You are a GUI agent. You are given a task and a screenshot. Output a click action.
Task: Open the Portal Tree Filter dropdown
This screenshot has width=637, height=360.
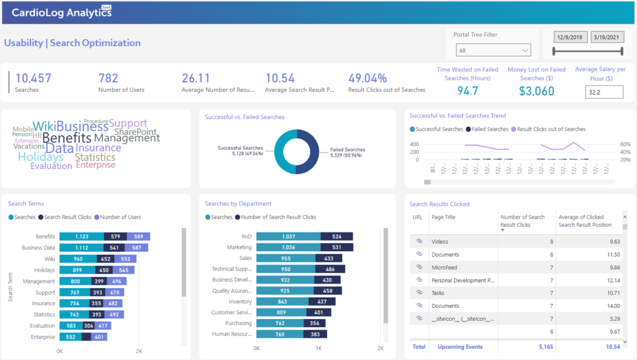(x=493, y=50)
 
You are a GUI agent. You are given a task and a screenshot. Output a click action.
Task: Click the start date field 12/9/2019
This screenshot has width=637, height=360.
(x=569, y=37)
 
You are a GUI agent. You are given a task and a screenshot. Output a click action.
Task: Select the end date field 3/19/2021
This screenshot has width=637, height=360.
(x=606, y=37)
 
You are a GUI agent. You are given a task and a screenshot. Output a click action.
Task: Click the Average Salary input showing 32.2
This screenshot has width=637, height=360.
(x=603, y=92)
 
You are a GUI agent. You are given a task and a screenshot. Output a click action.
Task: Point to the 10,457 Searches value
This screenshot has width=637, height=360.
(x=33, y=78)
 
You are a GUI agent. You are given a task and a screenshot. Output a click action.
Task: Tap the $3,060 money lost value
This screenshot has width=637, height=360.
(x=536, y=91)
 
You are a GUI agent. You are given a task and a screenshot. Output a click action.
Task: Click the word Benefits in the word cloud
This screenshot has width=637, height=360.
(x=67, y=138)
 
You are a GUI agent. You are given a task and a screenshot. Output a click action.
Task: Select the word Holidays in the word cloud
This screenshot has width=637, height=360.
(x=40, y=157)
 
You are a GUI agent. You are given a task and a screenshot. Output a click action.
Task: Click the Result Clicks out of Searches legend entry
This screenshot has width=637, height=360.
(x=551, y=129)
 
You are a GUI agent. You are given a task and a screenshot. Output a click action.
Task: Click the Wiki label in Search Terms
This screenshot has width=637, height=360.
(x=49, y=259)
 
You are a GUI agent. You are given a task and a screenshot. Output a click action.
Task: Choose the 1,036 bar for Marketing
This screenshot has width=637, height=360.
(x=288, y=247)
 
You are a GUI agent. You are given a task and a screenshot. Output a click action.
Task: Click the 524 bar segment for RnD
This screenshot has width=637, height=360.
(x=337, y=236)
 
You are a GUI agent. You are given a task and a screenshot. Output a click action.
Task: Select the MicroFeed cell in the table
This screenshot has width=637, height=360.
(x=444, y=267)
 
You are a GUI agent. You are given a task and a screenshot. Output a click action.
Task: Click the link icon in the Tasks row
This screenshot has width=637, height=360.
(x=419, y=293)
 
